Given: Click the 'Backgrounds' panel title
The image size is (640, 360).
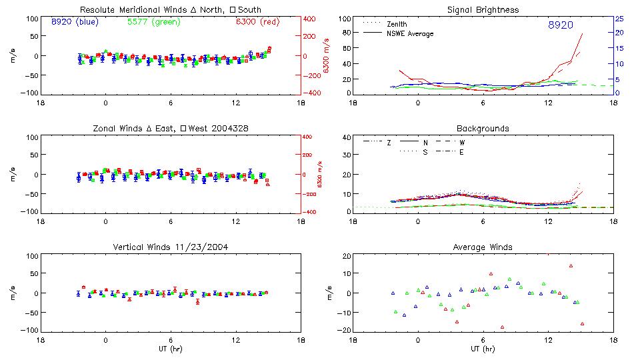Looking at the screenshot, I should (x=483, y=128).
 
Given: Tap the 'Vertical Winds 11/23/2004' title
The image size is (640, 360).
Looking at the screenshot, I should (x=171, y=247).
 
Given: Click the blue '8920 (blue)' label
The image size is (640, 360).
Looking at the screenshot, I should (x=74, y=22).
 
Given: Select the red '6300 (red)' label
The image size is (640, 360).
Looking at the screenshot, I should (x=257, y=22).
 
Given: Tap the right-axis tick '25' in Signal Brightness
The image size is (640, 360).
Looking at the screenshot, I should (x=619, y=19).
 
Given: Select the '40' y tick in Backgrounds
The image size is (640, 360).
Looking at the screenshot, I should (x=345, y=138).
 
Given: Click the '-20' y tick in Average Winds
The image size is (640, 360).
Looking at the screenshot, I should (x=344, y=330).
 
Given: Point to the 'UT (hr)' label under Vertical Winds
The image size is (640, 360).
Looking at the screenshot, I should (x=171, y=348).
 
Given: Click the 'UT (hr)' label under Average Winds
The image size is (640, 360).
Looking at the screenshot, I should (x=483, y=348).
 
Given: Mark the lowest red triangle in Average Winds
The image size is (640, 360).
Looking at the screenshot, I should (x=502, y=327).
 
